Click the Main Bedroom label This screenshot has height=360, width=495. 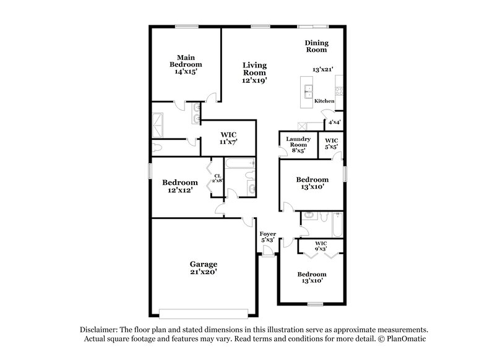(x=186, y=64)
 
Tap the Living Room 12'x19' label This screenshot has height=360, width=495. (x=254, y=72)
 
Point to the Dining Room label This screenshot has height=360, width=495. (x=316, y=46)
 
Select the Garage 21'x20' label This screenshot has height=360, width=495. (x=203, y=267)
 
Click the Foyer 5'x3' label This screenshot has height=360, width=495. (x=267, y=237)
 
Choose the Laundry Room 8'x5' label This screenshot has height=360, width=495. (x=298, y=145)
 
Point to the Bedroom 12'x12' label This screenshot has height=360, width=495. (x=180, y=186)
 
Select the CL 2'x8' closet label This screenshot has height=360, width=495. (x=218, y=178)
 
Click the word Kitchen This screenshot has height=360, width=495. (x=324, y=101)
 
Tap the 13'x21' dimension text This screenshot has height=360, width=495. (x=323, y=70)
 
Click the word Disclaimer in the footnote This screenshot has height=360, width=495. (x=100, y=330)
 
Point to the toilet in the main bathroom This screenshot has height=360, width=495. (x=157, y=148)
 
